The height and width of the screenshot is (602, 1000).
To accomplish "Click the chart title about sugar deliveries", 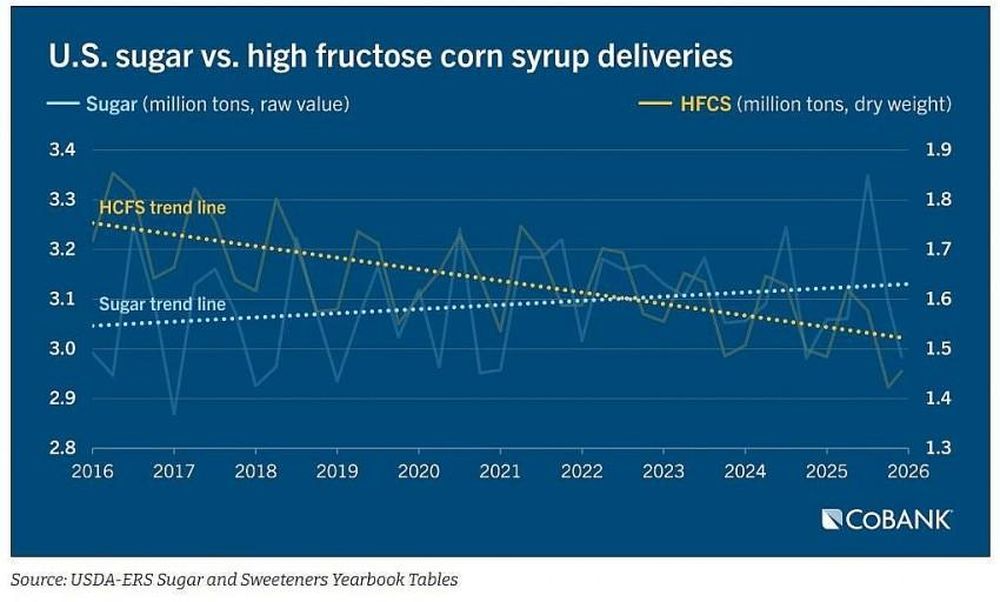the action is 390,56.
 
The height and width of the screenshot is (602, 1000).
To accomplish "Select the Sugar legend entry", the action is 198,103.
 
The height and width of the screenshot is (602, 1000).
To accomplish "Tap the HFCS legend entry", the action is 795,103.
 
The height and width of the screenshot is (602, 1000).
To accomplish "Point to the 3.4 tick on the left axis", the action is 62,150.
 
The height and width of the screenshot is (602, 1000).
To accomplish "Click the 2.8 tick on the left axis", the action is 62,448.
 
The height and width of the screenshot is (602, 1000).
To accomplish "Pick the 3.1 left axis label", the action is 62,298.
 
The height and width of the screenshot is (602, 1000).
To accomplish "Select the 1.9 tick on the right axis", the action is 938,150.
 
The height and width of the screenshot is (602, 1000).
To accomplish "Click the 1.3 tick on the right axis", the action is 938,448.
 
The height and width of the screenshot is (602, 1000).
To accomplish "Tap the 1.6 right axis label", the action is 938,298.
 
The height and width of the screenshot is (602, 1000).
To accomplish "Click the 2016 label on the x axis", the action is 92,471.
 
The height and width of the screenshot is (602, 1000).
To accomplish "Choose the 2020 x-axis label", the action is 418,471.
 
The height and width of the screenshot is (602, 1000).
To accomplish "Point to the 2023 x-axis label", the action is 663,471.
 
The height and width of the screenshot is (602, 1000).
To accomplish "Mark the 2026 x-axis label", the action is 908,471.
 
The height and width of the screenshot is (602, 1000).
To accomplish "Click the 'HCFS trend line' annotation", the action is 163,208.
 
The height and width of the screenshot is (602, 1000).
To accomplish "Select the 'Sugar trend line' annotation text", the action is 163,304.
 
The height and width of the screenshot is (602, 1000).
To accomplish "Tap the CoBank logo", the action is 886,519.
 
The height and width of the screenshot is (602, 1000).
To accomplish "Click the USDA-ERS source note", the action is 234,580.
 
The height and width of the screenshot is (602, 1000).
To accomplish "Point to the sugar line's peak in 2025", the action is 867,175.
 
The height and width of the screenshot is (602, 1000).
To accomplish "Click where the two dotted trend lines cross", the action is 628,298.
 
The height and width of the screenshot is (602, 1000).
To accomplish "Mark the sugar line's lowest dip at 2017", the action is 174,415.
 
